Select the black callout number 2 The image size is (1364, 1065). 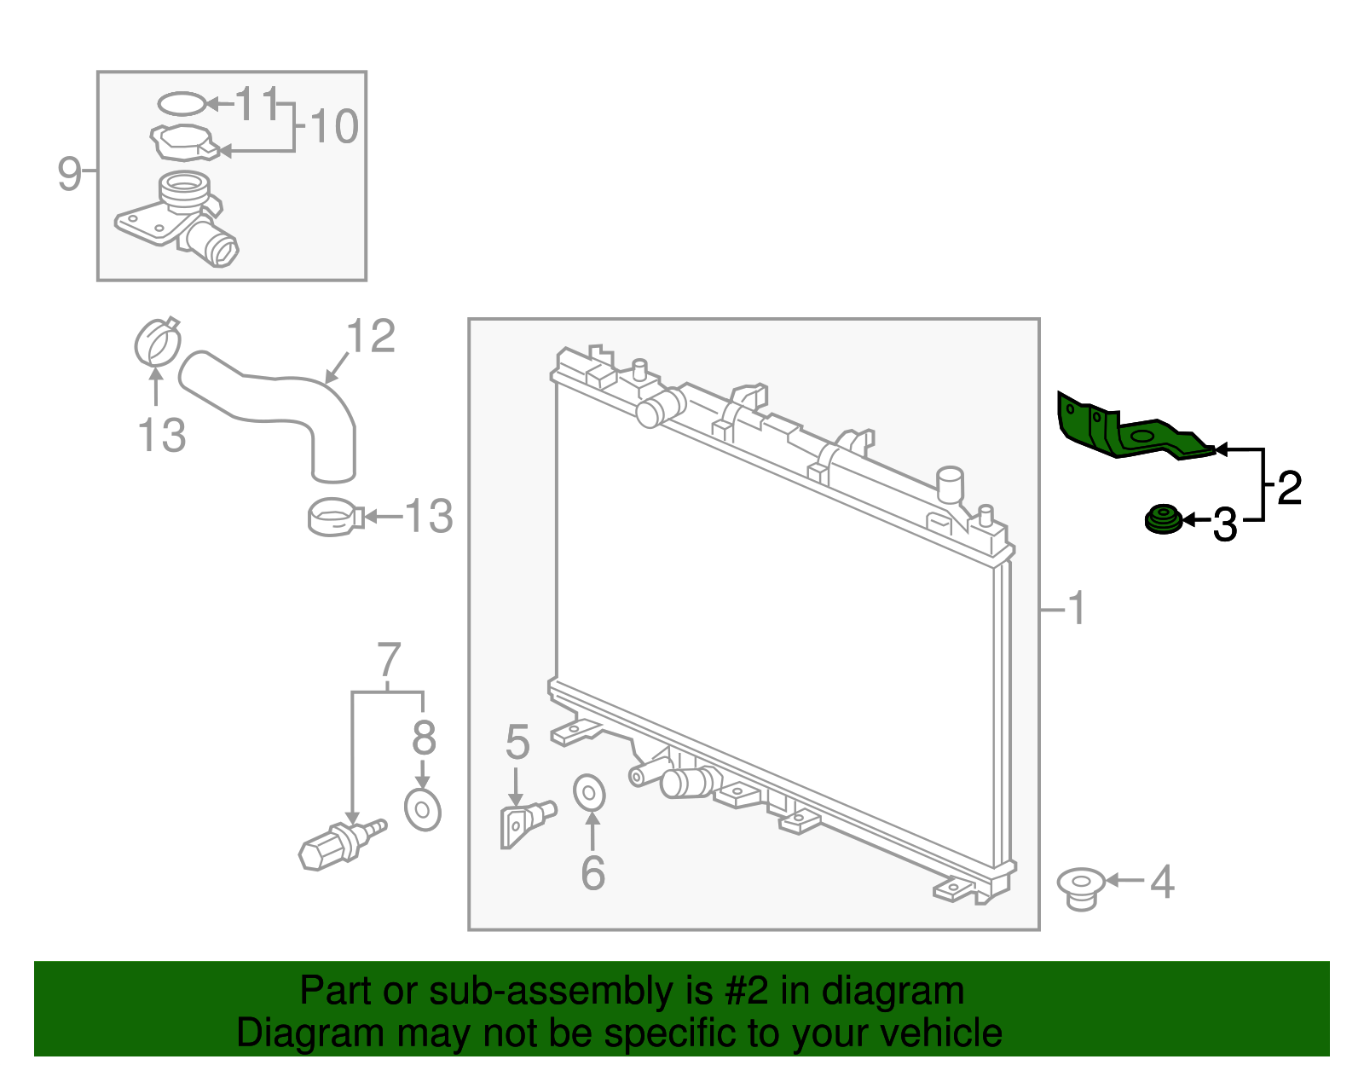[x=1289, y=488]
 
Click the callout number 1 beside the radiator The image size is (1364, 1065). [x=1077, y=609]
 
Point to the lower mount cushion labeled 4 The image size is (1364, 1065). [x=1081, y=888]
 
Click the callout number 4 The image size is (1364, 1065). [x=1161, y=882]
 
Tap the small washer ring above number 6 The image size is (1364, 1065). [x=589, y=793]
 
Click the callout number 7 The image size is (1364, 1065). [x=388, y=661]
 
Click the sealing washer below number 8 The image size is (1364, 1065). [x=422, y=809]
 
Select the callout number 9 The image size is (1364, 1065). [x=69, y=173]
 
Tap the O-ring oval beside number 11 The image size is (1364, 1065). [x=182, y=104]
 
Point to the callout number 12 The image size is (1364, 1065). [x=372, y=337]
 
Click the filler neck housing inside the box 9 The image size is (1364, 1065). [x=183, y=217]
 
